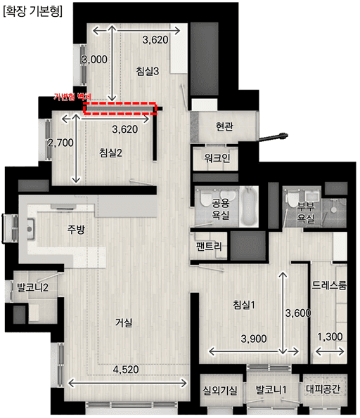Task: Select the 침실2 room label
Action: tap(111, 153)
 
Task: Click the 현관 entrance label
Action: tap(224, 126)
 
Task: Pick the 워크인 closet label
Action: tap(216, 158)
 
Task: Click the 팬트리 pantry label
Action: tap(210, 247)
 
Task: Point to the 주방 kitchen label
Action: tap(75, 229)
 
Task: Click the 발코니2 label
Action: tap(32, 287)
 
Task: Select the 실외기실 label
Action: tap(220, 390)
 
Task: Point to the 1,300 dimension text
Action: tap(329, 337)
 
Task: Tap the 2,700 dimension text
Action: tap(61, 143)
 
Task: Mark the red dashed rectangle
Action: tap(119, 107)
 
